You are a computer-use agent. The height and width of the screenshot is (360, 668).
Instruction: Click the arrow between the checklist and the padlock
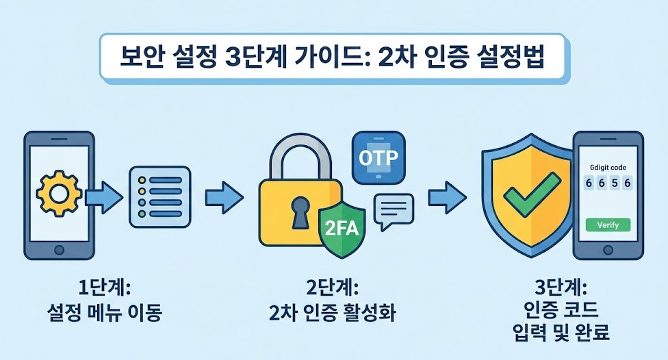click(x=224, y=198)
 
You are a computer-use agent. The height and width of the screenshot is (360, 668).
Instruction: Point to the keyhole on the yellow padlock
click(x=299, y=211)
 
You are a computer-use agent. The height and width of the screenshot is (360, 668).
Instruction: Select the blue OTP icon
click(x=378, y=157)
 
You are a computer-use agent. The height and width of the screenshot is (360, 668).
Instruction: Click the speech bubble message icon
click(x=394, y=209)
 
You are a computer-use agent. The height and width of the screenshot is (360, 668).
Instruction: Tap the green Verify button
click(x=607, y=225)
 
